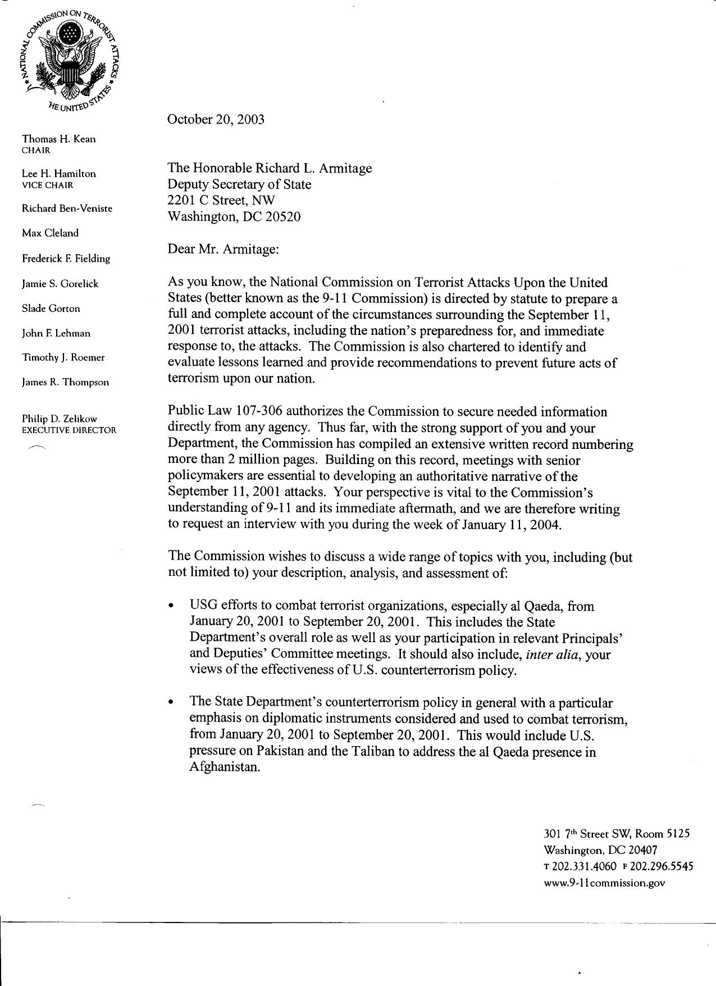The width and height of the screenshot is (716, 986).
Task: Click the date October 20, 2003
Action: (216, 120)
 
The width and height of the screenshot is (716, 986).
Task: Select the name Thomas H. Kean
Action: (58, 139)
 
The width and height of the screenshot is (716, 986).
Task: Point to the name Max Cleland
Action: (50, 233)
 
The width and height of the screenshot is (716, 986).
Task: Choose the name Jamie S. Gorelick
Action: (60, 284)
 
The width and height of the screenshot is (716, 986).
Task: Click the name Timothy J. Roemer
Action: (63, 357)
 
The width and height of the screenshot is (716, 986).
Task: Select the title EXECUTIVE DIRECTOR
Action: (69, 430)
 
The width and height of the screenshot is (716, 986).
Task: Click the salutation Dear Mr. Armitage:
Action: (223, 249)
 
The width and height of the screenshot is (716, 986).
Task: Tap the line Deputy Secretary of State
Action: (239, 184)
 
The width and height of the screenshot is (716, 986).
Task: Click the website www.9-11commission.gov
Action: (605, 883)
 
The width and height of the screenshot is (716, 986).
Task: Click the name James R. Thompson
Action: (65, 382)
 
